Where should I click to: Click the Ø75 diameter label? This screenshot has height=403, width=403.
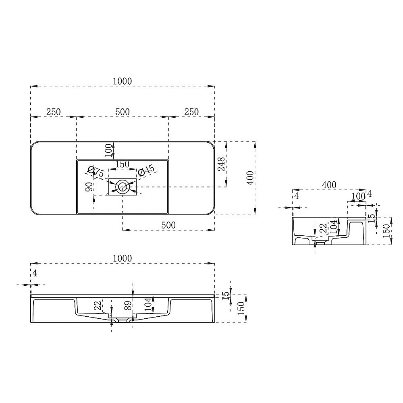(96, 171)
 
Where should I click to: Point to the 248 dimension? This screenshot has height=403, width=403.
(221, 164)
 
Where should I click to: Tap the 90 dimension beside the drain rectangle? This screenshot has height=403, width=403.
(89, 187)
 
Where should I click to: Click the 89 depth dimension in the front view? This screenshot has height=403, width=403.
(128, 305)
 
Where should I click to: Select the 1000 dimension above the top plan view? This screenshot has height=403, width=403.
(123, 81)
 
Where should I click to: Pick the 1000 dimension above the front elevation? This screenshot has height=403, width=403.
(123, 258)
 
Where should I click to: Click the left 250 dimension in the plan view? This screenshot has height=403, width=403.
(54, 112)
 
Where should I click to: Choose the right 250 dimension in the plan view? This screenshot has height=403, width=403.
(191, 112)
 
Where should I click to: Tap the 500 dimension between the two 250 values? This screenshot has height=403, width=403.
(123, 112)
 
